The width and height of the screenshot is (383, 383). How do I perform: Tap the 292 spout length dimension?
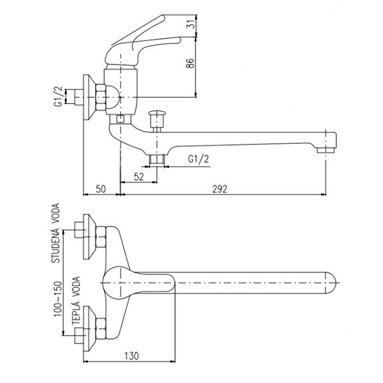220,189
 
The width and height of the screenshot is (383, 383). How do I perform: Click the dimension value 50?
101,189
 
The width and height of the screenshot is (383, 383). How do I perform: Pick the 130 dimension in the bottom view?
130,355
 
